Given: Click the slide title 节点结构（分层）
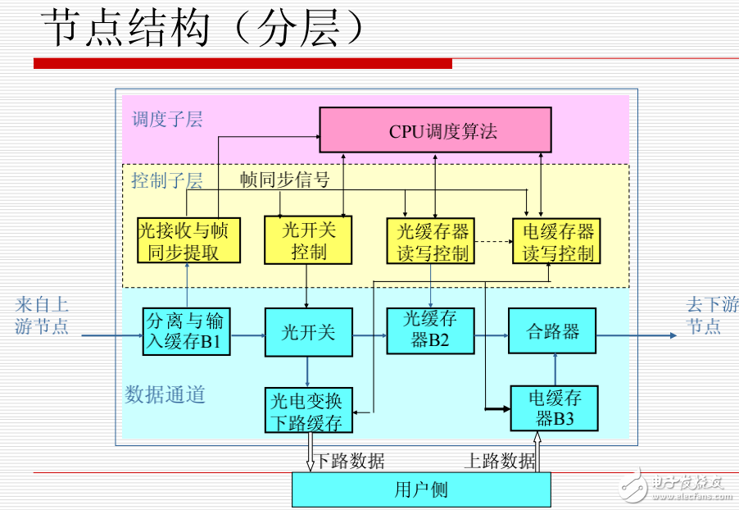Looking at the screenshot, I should pos(202,30).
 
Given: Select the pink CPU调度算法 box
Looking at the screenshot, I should pos(434,130).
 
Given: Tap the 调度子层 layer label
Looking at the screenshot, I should pos(167,120).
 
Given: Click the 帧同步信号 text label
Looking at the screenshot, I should pos(284,180).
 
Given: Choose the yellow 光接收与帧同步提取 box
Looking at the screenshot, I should pos(188,240).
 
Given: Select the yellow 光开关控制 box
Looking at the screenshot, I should pos(308,240).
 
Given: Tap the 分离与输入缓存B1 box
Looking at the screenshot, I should pos(187,332).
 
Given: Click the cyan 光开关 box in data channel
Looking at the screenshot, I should pos(308,332).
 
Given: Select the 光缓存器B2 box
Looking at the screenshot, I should pos(430,330).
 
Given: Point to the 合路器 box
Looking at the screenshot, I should pos(552,331).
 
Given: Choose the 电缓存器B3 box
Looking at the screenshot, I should pos(554,408).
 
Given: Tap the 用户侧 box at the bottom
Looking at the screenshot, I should pos(421,490).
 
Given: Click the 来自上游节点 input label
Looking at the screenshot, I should pos(42,316).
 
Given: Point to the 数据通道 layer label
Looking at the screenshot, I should pos(165,395).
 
